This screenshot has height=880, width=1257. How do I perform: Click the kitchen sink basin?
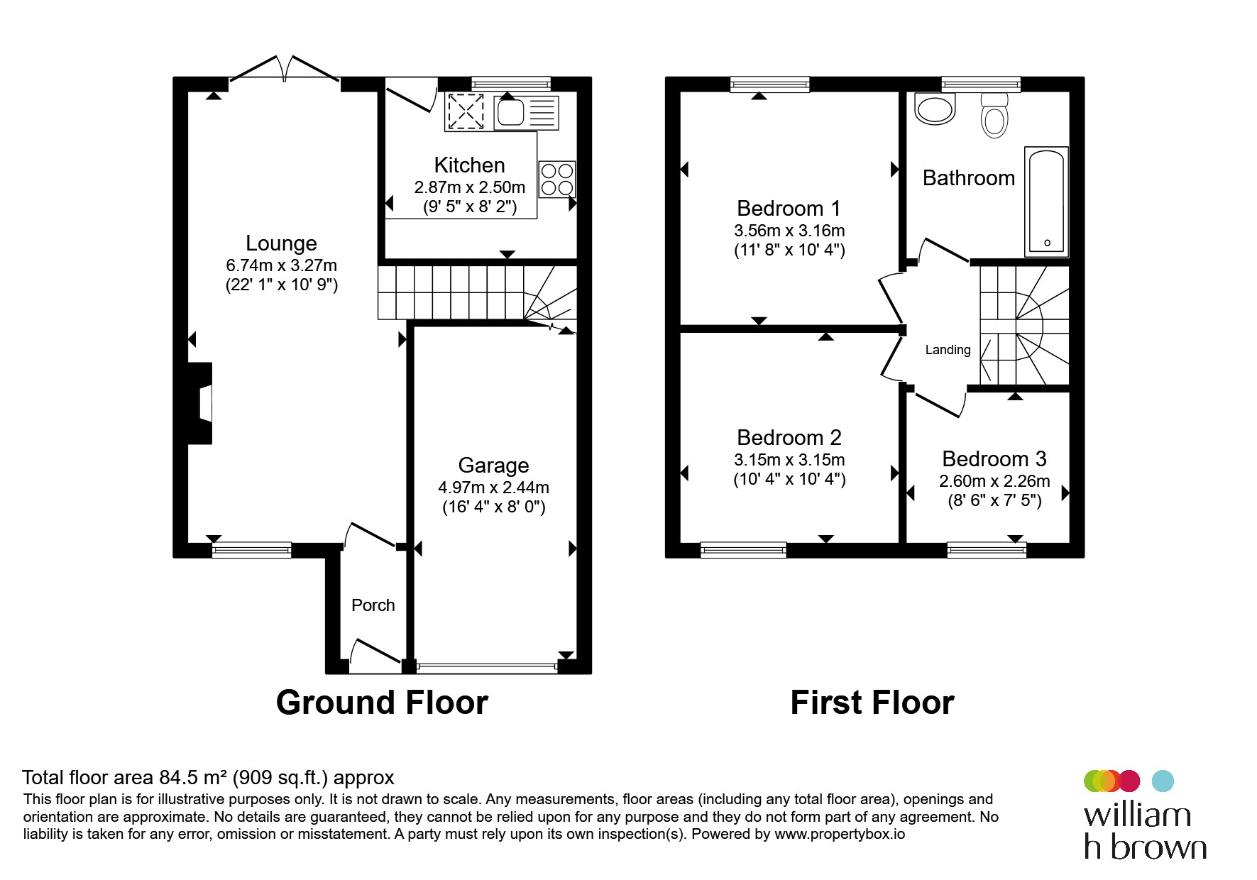pyautogui.click(x=510, y=112)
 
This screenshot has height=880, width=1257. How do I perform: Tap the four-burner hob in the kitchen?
pyautogui.click(x=557, y=179)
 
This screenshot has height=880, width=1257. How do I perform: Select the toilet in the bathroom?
pyautogui.click(x=994, y=116)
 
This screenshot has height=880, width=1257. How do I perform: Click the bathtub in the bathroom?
pyautogui.click(x=1046, y=201)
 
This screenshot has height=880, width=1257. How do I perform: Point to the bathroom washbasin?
pyautogui.click(x=935, y=109)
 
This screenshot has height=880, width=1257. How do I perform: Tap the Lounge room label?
pyautogui.click(x=281, y=243)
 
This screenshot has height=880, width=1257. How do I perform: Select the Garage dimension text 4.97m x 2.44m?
pyautogui.click(x=493, y=488)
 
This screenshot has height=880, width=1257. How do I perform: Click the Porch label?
pyautogui.click(x=373, y=605)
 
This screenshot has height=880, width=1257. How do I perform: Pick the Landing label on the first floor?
pyautogui.click(x=948, y=350)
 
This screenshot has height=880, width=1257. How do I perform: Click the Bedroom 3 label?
pyautogui.click(x=994, y=458)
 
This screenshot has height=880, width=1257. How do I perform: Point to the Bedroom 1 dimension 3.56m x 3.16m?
pyautogui.click(x=789, y=231)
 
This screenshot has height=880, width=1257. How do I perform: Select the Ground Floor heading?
pyautogui.click(x=382, y=703)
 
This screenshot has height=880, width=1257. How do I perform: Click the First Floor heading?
pyautogui.click(x=872, y=703)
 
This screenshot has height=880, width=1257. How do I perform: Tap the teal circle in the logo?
pyautogui.click(x=1162, y=781)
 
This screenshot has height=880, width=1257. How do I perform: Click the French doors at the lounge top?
pyautogui.click(x=284, y=70)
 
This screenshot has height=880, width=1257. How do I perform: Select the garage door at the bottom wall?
pyautogui.click(x=487, y=666)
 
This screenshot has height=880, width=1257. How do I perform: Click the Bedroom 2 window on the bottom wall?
pyautogui.click(x=743, y=550)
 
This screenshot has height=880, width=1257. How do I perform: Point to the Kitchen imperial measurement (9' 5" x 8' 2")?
pyautogui.click(x=470, y=207)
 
